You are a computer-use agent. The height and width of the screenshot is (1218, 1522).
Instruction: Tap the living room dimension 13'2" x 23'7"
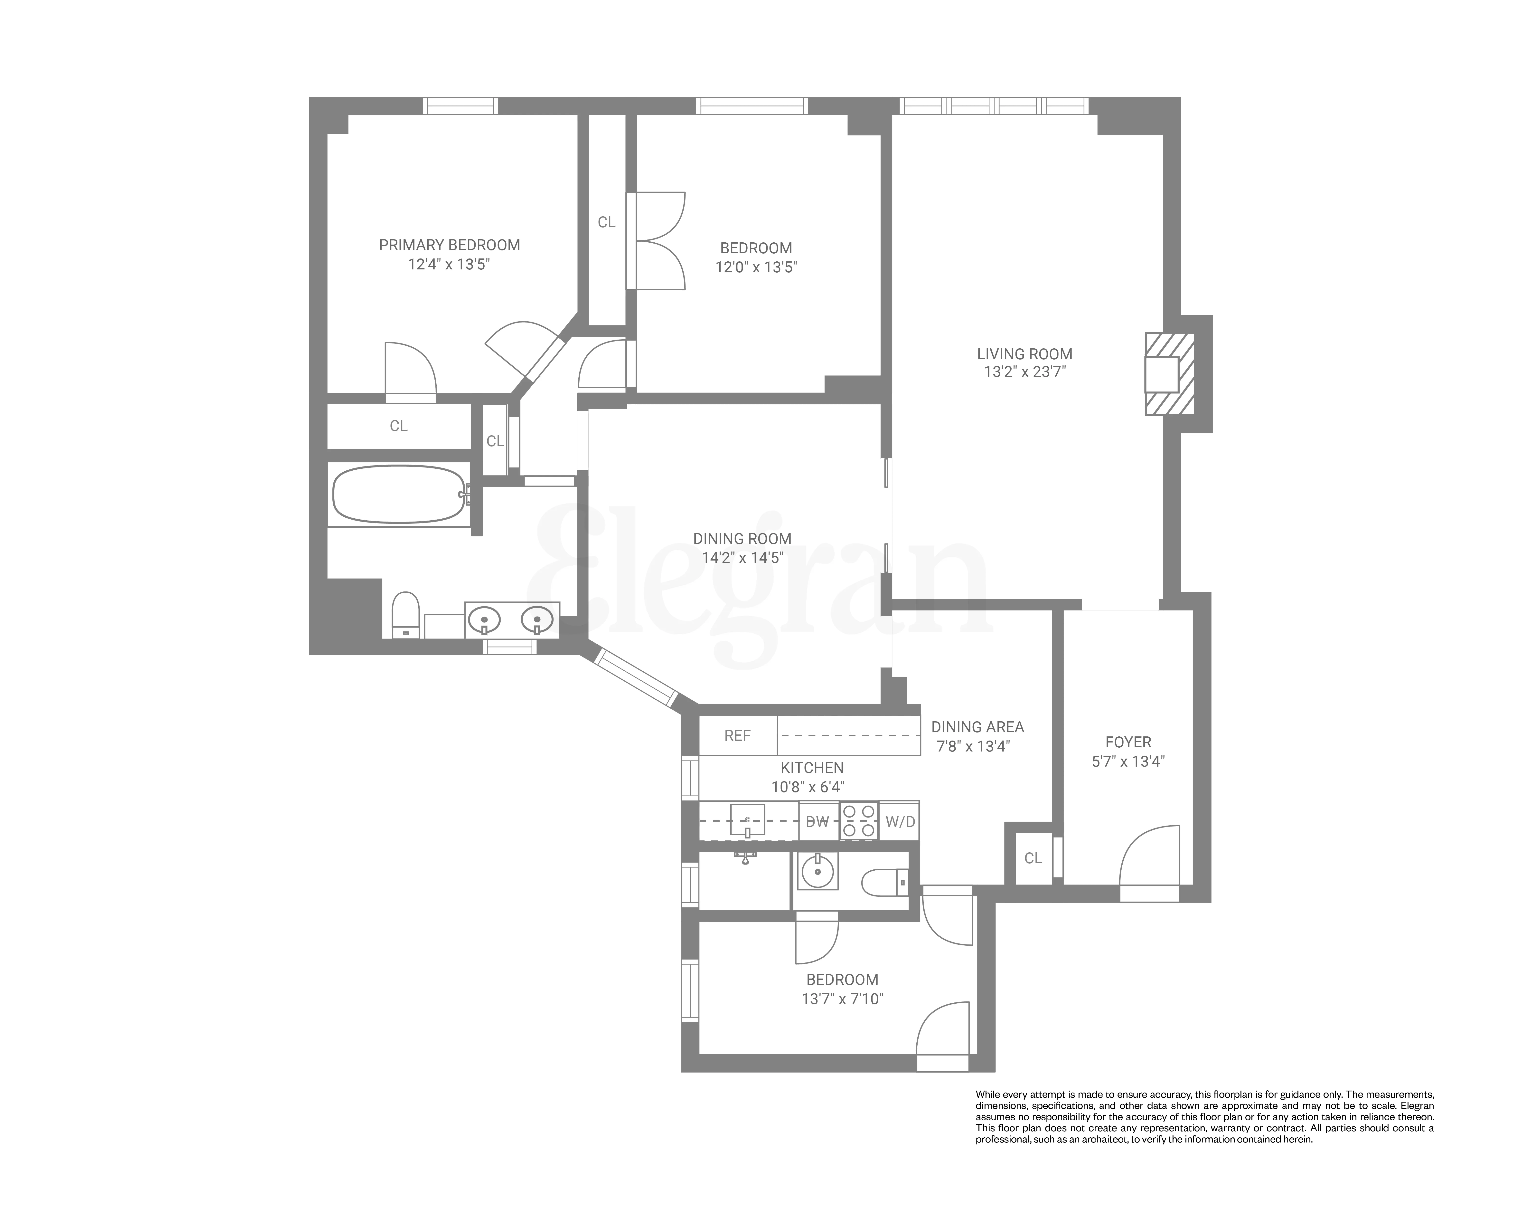point(1024,372)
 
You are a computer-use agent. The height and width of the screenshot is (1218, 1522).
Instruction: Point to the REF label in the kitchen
point(737,736)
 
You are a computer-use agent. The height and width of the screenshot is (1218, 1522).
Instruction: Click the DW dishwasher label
point(817,821)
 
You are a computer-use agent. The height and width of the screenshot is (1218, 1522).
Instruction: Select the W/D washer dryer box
point(899,821)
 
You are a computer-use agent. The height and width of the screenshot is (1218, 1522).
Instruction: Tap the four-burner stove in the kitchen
point(858,821)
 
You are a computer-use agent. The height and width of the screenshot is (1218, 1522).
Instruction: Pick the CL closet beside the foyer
point(1033,858)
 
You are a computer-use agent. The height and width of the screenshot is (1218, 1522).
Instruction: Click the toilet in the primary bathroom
point(405,614)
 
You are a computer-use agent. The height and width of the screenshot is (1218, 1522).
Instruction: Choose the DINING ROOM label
point(742,539)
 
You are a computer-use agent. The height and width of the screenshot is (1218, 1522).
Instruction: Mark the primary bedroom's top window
point(460,106)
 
